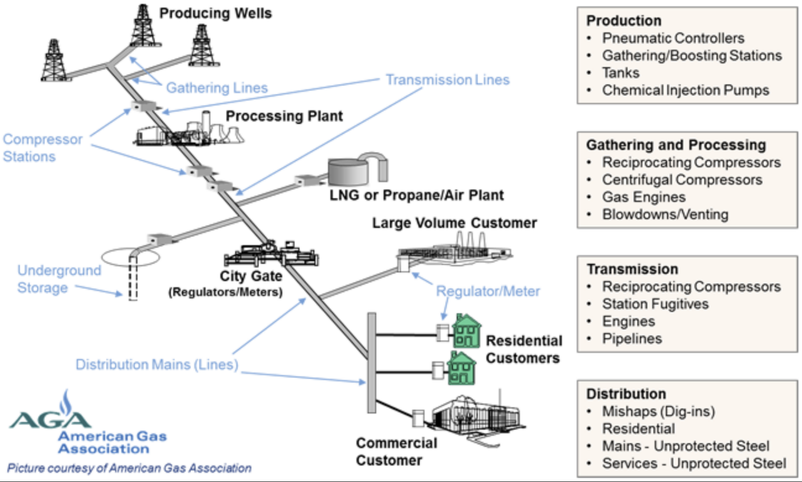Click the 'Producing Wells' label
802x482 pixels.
[215, 13]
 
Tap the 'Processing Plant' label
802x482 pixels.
[284, 116]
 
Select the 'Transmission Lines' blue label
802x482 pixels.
[447, 80]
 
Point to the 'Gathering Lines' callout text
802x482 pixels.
[217, 88]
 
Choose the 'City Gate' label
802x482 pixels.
[251, 276]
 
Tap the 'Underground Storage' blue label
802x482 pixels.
[58, 279]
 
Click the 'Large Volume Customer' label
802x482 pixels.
[454, 223]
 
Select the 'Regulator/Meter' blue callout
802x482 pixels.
[488, 291]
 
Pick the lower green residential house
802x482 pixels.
[462, 369]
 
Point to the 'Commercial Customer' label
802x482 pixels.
[396, 452]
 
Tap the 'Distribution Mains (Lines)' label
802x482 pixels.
[157, 365]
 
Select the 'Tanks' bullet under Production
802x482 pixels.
[620, 73]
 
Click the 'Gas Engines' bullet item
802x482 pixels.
[643, 197]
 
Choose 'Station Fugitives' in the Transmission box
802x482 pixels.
[655, 304]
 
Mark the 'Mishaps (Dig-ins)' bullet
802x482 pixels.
[658, 412]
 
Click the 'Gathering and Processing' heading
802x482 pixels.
[676, 145]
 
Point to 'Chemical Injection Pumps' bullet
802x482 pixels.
[685, 90]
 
